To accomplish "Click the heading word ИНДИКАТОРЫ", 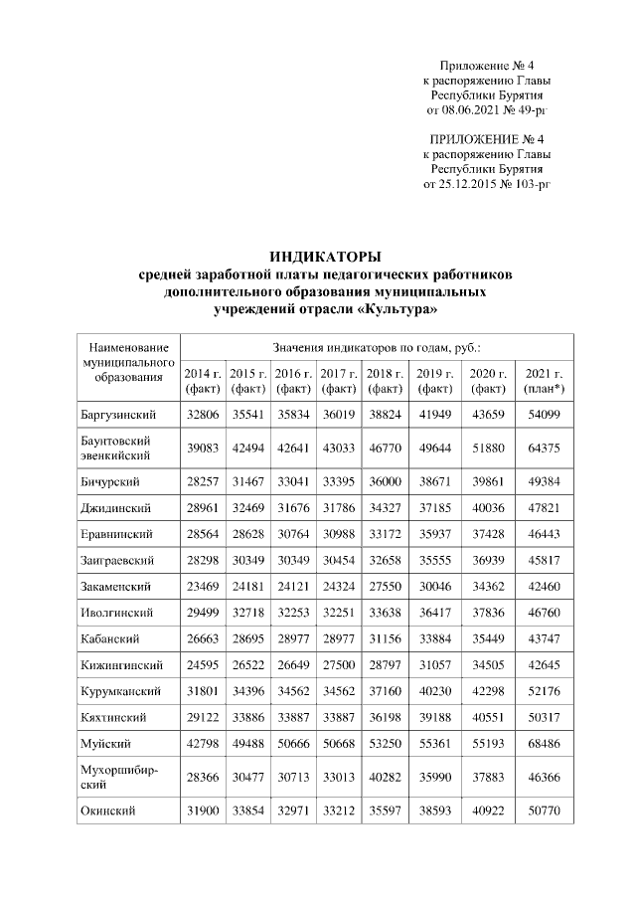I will click(x=326, y=259).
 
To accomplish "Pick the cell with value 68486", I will click(x=544, y=743).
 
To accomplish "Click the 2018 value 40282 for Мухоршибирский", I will click(x=384, y=777).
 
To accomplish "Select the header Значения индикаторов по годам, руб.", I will click(x=377, y=348).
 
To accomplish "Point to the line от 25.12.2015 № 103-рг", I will click(x=487, y=184).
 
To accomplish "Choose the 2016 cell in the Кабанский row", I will click(x=292, y=637).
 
